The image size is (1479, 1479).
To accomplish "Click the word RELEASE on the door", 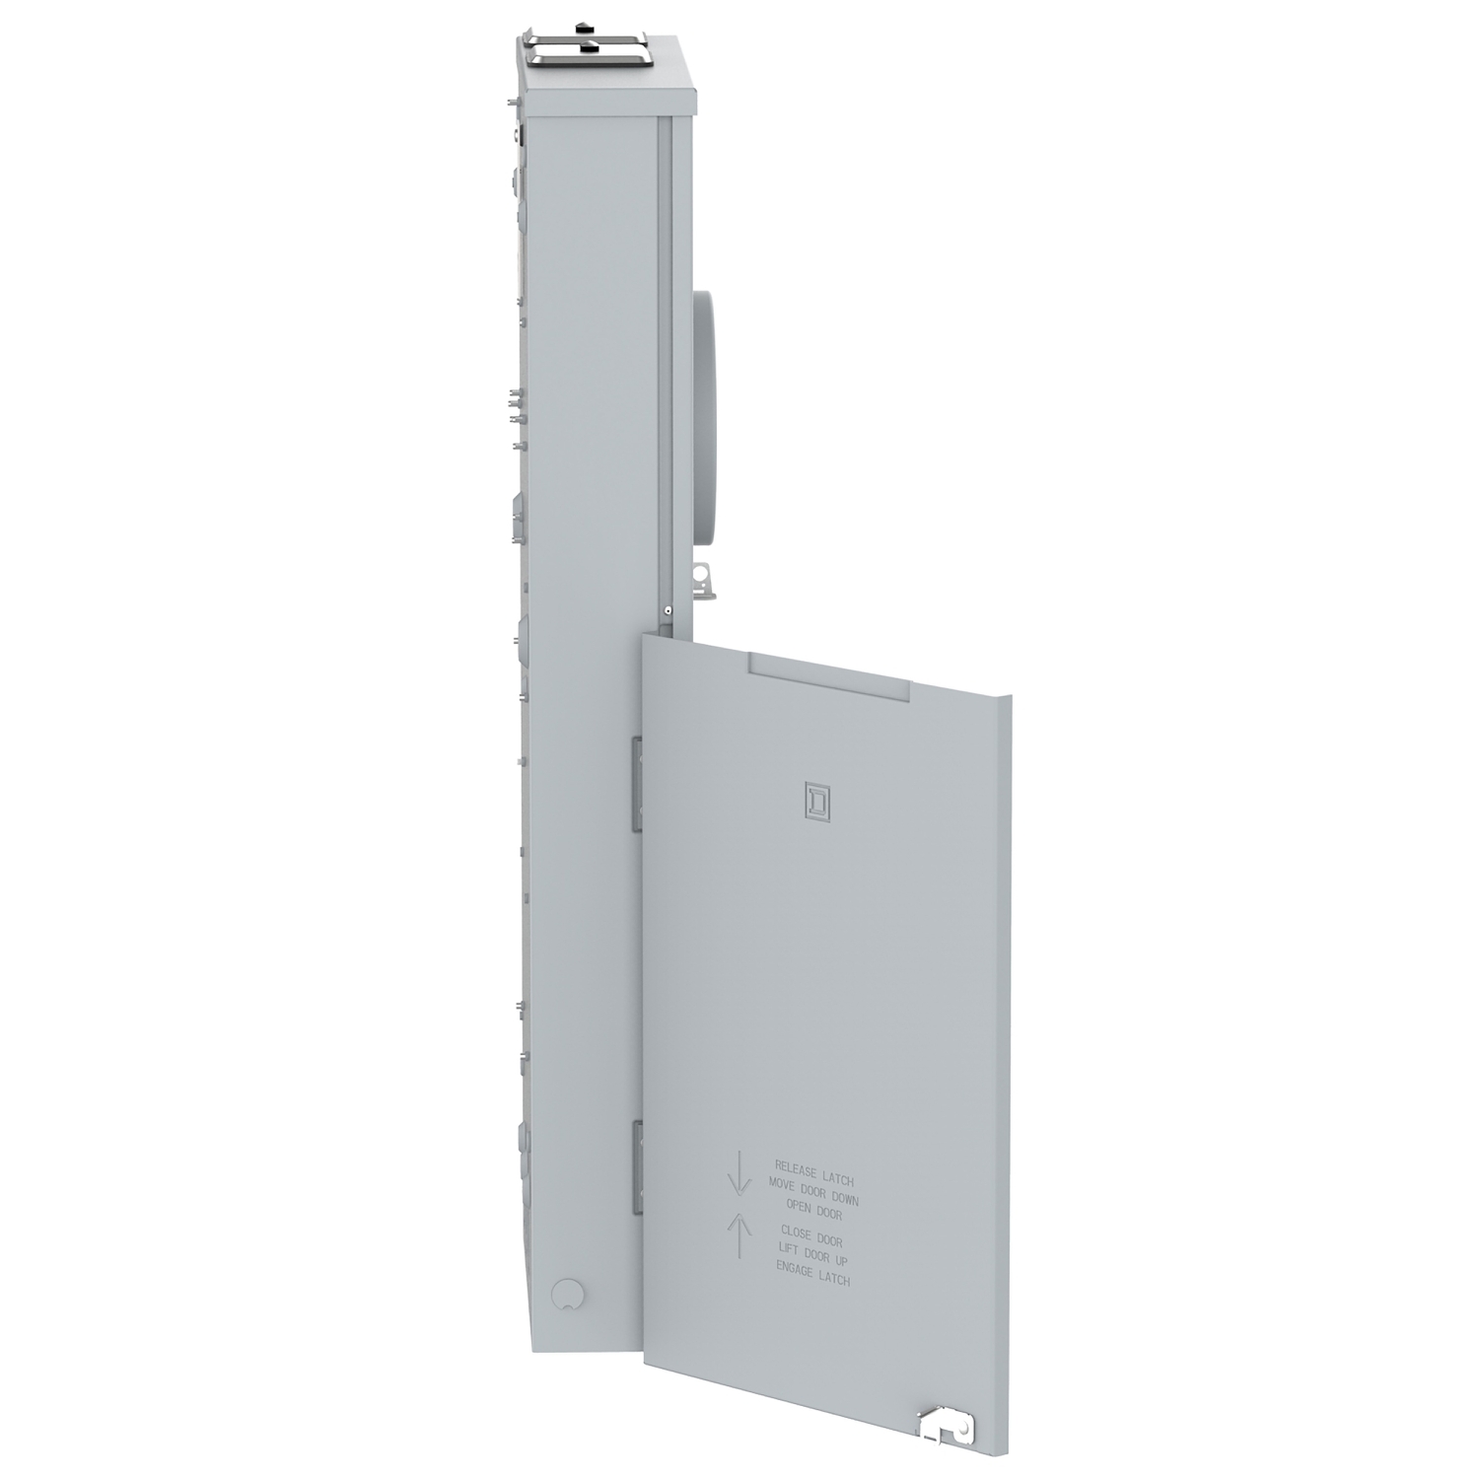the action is tap(796, 1169).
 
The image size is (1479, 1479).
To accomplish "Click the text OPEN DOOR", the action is tap(813, 1210).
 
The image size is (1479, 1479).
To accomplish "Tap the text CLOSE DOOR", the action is tap(811, 1235).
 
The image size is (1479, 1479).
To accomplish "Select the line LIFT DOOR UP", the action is tap(812, 1256).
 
